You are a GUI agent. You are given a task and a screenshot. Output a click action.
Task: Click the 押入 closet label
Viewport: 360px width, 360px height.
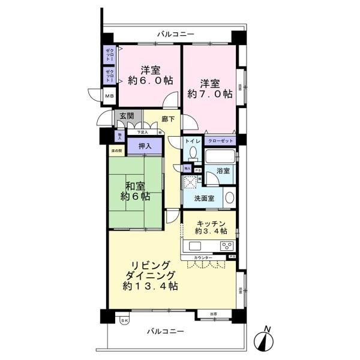[x=144, y=146]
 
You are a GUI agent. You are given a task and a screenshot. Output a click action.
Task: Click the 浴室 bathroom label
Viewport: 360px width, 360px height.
[x=223, y=170]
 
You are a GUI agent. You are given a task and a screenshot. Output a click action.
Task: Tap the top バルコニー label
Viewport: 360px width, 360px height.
[x=175, y=35]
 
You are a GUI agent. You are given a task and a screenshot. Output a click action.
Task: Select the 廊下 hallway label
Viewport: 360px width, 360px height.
[x=169, y=119]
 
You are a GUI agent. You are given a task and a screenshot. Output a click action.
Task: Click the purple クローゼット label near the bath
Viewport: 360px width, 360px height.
[x=220, y=141]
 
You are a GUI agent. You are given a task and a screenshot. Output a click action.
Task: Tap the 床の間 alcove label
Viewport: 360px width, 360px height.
[x=116, y=150]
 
